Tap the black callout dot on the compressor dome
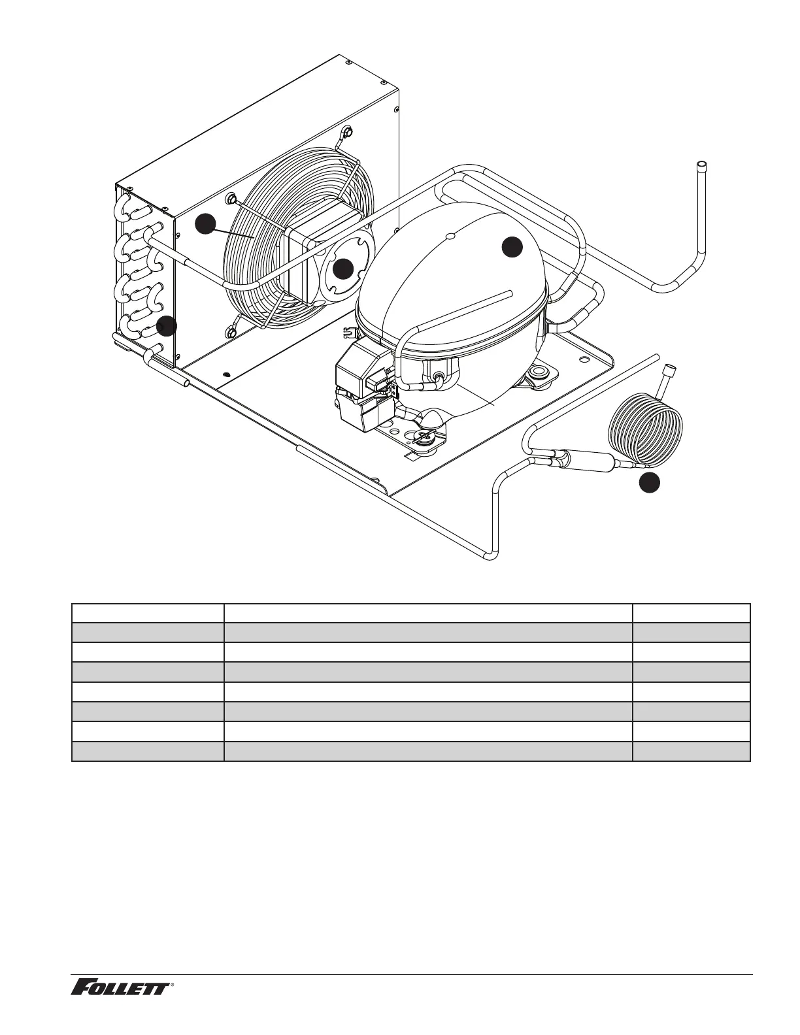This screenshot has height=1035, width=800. point(512,247)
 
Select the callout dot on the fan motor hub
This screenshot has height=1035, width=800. point(343,269)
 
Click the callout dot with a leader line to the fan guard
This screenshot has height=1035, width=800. point(205,223)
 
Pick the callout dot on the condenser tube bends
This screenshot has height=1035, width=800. point(167,326)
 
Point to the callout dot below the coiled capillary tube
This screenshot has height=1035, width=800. point(649,484)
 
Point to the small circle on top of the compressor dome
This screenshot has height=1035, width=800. point(449,235)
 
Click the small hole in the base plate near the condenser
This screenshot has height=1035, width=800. point(226,374)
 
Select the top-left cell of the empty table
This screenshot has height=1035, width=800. point(148,613)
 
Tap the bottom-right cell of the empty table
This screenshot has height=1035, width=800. point(691,752)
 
